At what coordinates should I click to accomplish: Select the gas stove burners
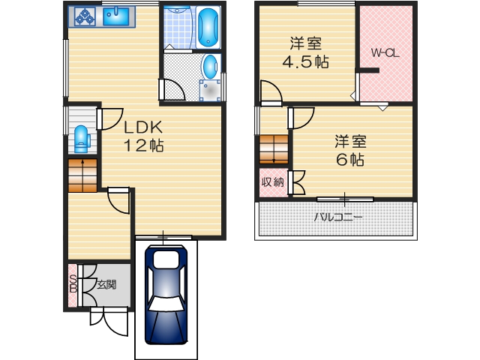(x=83, y=16)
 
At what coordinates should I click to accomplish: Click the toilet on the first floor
(x=81, y=139)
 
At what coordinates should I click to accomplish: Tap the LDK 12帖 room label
(x=143, y=136)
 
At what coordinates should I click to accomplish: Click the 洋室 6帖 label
(x=350, y=150)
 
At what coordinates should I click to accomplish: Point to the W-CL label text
(x=384, y=53)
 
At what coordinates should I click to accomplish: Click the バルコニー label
(x=337, y=217)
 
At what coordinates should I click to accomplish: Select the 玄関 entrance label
(x=106, y=284)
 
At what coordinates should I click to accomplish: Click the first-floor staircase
(x=82, y=175)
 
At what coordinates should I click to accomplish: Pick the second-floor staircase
(x=273, y=148)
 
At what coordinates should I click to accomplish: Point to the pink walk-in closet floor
(x=385, y=79)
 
